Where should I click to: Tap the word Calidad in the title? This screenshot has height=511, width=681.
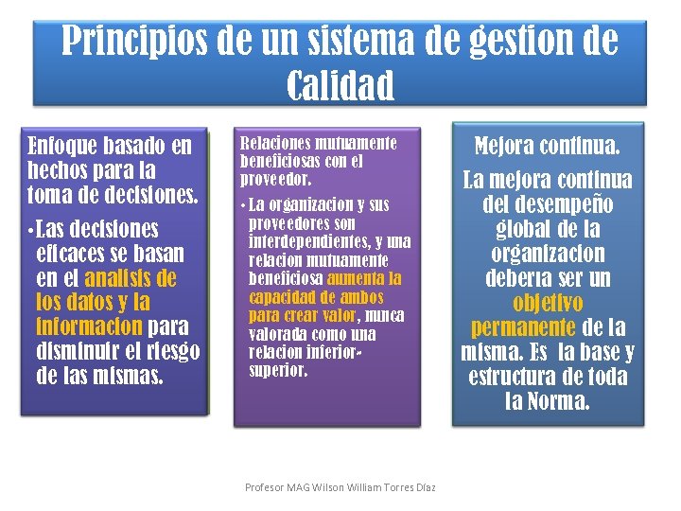[x=340, y=85]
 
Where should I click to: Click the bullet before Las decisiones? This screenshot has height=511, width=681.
[x=32, y=231]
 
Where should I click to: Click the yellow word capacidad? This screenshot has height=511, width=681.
[x=281, y=297]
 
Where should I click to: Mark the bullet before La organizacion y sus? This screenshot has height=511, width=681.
[x=244, y=205]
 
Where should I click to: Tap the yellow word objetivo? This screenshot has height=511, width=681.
[x=548, y=304]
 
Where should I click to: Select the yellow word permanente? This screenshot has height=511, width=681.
[x=523, y=328]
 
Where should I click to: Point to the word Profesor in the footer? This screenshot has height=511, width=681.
[x=267, y=487]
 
